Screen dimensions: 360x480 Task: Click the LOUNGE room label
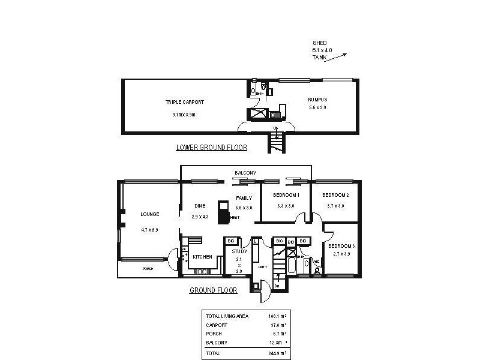(149, 214)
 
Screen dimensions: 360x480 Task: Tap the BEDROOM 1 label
(286, 196)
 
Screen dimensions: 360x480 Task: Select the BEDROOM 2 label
(335, 196)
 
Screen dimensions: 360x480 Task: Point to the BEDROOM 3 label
(341, 245)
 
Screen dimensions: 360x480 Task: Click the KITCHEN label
(202, 257)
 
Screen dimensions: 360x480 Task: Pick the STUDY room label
(239, 251)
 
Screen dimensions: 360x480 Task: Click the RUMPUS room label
(317, 99)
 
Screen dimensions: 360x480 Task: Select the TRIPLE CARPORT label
(185, 102)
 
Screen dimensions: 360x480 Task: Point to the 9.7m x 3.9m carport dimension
(184, 114)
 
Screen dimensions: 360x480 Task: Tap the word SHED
(320, 43)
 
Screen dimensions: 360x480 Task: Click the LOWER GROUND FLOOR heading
(211, 147)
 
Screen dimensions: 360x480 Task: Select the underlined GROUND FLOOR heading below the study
(213, 290)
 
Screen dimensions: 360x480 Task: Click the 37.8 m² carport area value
(277, 325)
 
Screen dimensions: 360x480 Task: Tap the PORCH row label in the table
(213, 333)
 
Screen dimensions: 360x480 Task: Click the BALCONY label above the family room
(245, 173)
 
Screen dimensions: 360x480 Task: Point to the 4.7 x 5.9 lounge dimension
(149, 229)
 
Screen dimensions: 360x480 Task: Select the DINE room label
(200, 206)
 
